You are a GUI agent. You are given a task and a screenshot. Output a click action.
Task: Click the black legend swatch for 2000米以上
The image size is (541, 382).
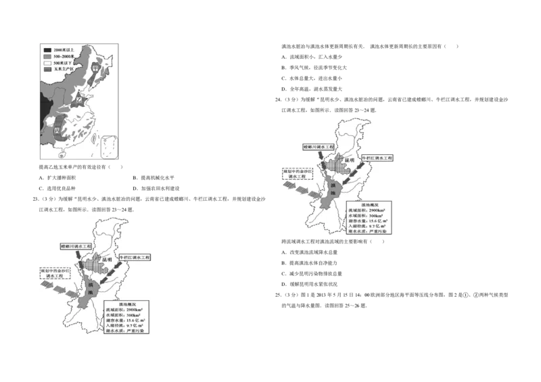pos(47,50)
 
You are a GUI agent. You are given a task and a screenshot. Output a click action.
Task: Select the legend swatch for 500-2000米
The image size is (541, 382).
pos(47,56)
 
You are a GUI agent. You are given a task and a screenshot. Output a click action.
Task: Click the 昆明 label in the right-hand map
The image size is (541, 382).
pos(349,162)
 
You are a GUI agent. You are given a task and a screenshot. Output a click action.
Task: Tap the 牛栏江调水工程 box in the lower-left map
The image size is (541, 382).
pos(135,258)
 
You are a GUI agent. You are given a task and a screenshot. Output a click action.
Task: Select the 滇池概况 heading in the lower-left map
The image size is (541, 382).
pos(126,304)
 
